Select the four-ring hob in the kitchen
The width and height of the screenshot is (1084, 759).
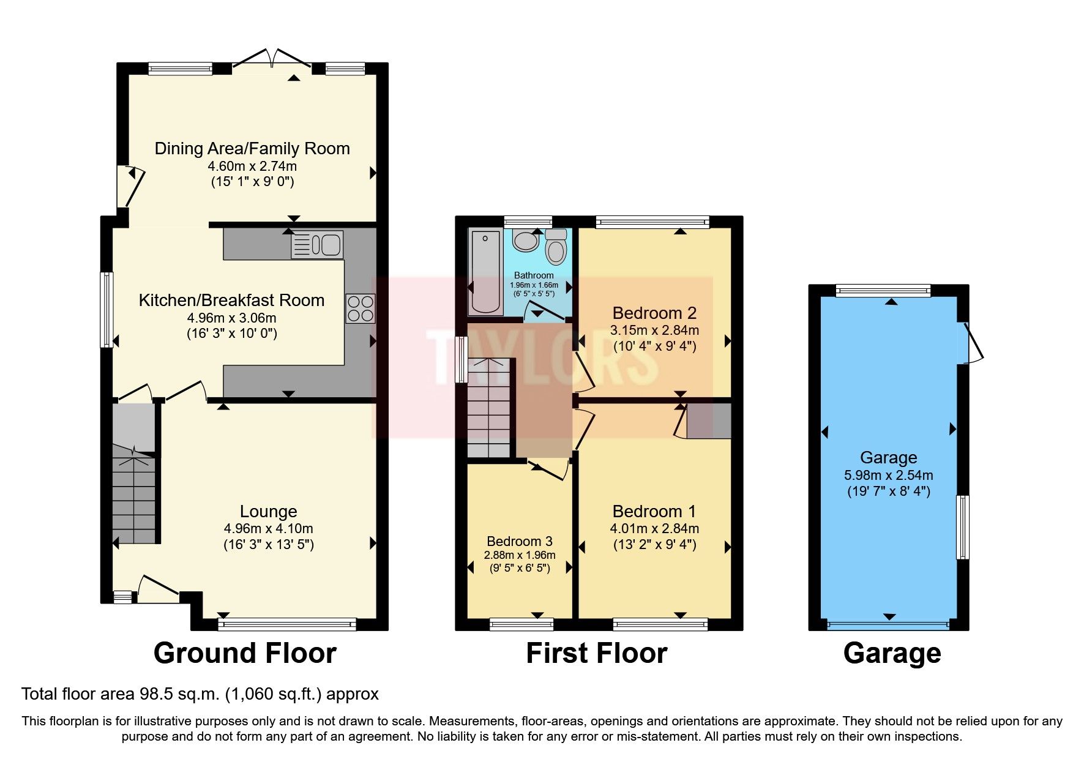(x=360, y=308)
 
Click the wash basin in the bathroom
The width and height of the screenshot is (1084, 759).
(x=525, y=241)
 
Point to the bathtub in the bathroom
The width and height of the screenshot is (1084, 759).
(x=487, y=271)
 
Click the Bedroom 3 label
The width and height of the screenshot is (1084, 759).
(x=519, y=541)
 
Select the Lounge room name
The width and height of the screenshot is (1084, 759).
(x=268, y=512)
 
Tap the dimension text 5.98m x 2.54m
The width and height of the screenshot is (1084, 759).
(x=888, y=475)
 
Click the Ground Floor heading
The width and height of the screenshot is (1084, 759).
(x=245, y=653)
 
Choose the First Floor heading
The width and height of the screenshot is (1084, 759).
(x=596, y=653)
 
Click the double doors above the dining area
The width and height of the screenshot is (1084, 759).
(x=272, y=59)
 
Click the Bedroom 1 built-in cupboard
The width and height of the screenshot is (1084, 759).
(x=708, y=421)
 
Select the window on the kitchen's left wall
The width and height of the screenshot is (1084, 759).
(x=107, y=309)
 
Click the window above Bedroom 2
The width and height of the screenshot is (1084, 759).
(x=652, y=222)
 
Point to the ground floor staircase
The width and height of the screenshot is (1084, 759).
(x=134, y=499)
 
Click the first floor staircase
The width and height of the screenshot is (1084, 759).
(x=488, y=407)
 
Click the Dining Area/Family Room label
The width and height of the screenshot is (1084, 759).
(x=252, y=149)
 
